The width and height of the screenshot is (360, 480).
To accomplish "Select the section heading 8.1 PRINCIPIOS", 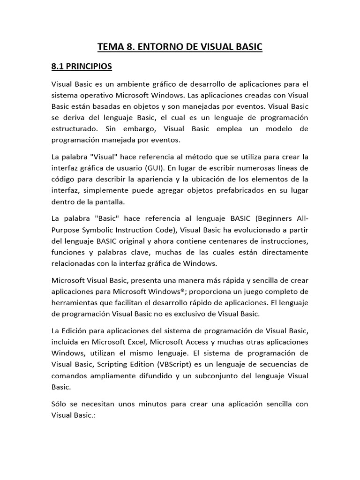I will tap(82, 67).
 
